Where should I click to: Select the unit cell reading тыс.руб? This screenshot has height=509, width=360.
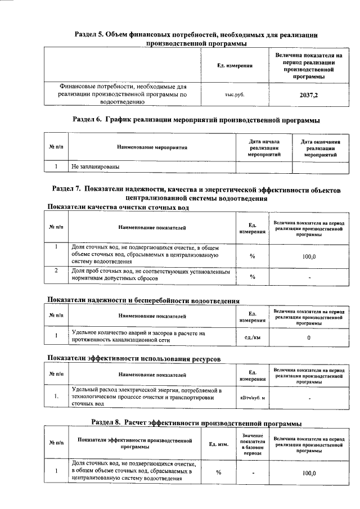click(x=235, y=95)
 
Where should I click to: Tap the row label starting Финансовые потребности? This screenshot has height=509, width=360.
click(x=123, y=94)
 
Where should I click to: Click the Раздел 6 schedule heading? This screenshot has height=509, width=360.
click(x=197, y=120)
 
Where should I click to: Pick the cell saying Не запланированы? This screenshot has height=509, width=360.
click(x=96, y=167)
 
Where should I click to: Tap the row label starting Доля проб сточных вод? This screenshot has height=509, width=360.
click(x=151, y=276)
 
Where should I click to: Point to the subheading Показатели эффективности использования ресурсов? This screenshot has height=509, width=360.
click(x=133, y=358)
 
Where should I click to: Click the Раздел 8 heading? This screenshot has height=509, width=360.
click(x=196, y=422)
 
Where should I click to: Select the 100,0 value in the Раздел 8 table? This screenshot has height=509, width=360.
click(x=309, y=473)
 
